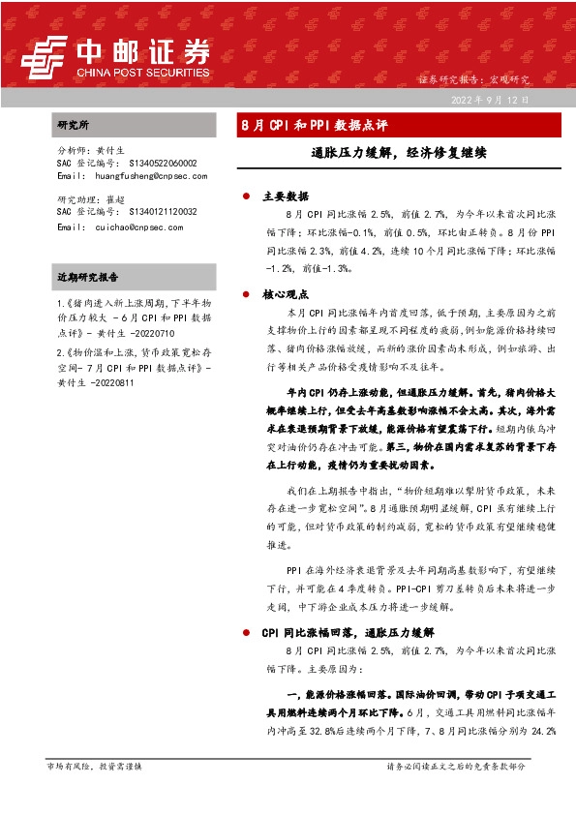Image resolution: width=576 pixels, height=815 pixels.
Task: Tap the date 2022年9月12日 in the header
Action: (x=490, y=100)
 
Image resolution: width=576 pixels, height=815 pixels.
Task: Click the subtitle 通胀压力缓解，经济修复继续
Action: (x=398, y=152)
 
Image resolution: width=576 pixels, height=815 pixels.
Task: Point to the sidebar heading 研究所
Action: (x=73, y=125)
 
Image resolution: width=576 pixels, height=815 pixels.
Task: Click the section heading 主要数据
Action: (x=285, y=196)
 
